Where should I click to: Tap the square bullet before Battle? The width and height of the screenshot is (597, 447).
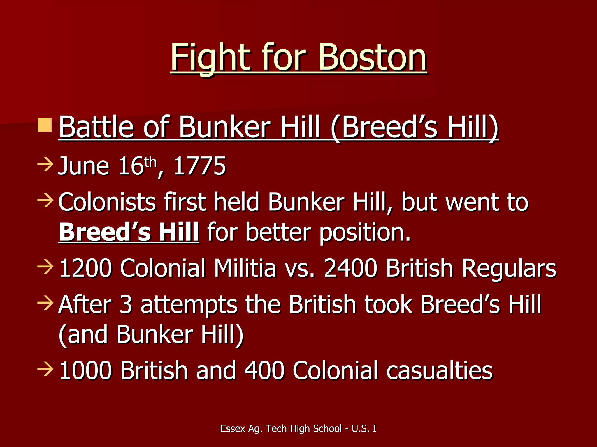point(45,125)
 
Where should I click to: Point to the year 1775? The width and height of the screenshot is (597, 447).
point(200,166)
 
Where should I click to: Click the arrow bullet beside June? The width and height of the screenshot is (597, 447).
point(45,164)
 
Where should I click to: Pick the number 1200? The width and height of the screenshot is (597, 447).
point(85,268)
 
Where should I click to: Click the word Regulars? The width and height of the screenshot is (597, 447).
point(509,268)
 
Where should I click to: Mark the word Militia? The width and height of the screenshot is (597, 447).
point(245,268)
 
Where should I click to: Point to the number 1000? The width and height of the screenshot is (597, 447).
point(85,370)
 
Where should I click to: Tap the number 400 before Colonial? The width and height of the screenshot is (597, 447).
point(264,370)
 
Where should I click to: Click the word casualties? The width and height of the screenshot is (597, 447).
point(440,370)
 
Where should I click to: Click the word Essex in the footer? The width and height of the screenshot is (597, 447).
point(233,428)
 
